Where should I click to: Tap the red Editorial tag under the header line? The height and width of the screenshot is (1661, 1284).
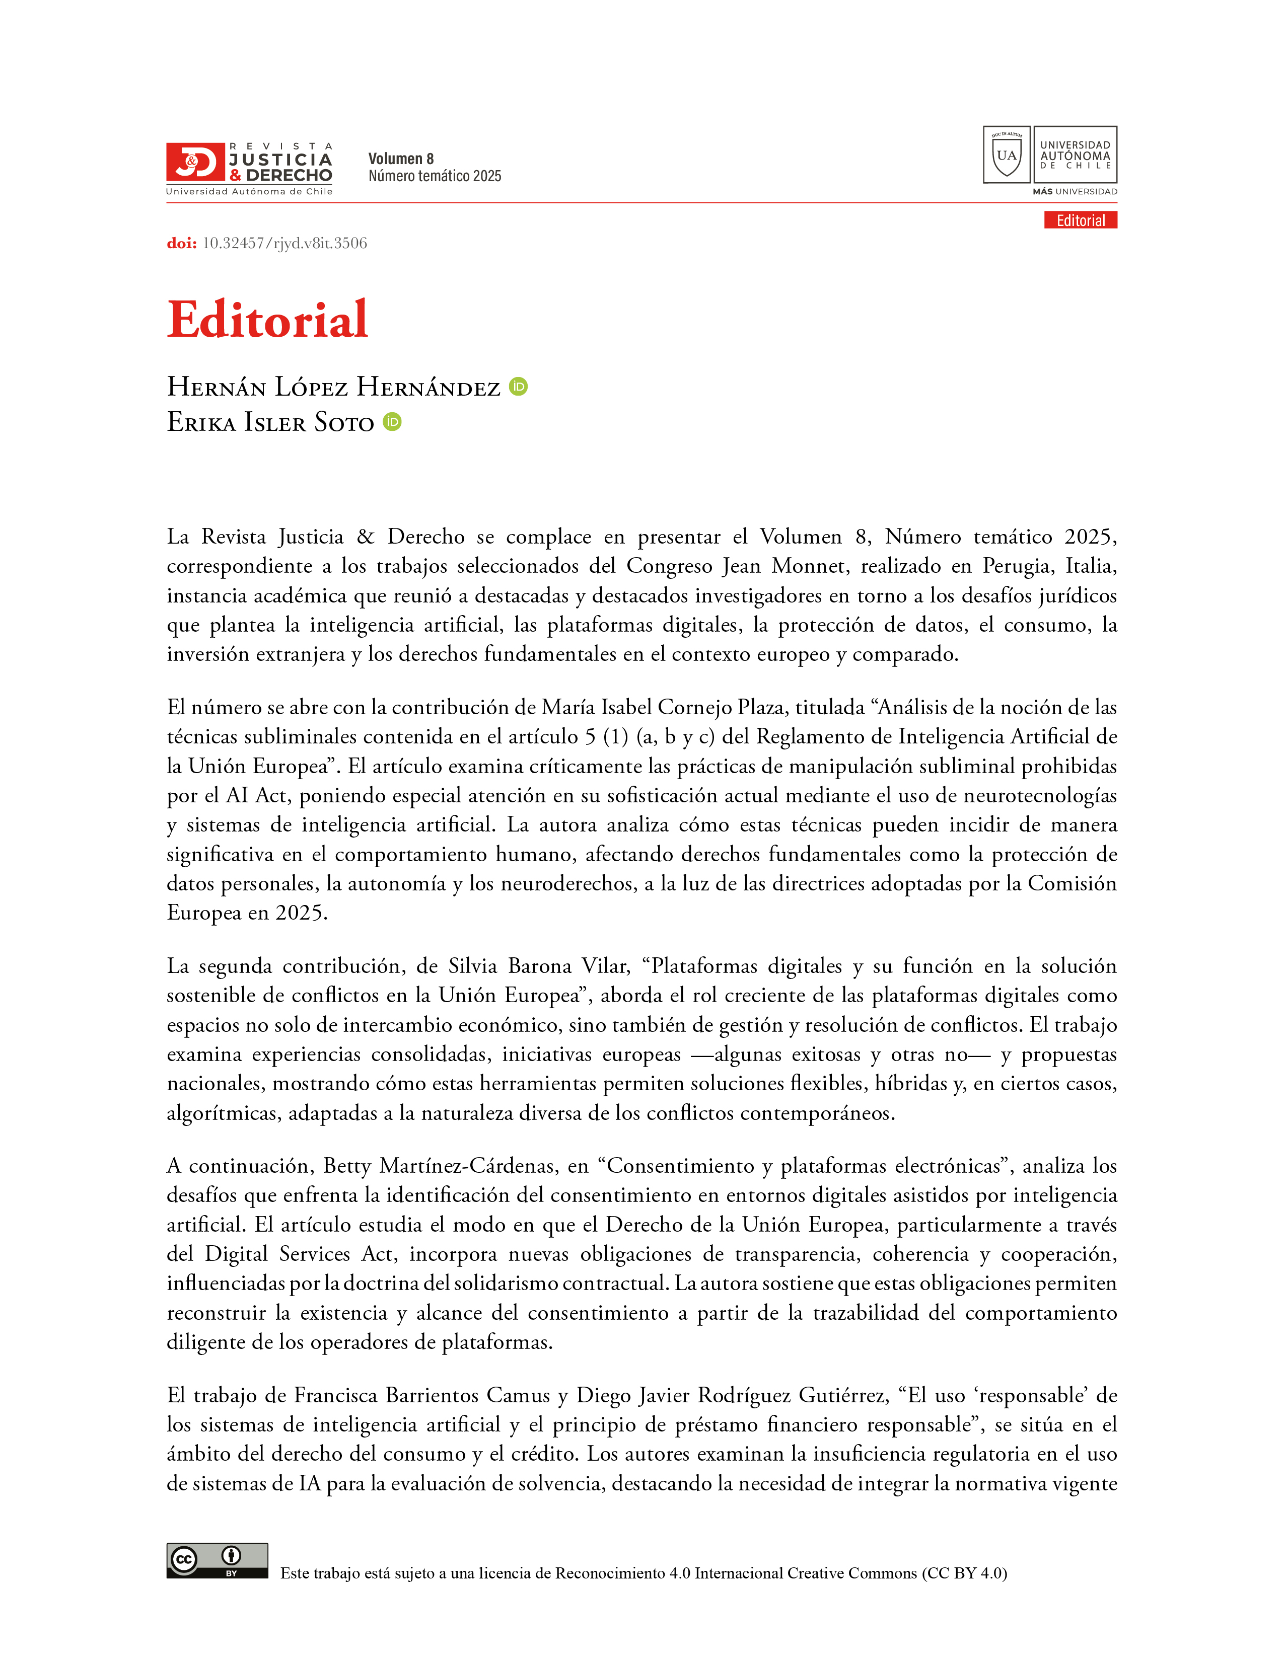tap(1080, 220)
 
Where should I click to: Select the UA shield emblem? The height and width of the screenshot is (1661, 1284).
tap(1007, 155)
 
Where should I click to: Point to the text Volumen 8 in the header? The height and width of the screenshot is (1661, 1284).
tap(401, 159)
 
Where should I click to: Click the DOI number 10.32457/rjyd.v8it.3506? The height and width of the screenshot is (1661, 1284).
tap(284, 244)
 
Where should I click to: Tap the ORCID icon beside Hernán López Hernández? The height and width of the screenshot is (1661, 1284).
tap(518, 387)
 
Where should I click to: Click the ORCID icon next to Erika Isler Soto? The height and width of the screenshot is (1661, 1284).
tap(392, 421)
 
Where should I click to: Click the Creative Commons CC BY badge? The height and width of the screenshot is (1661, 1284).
tap(218, 1561)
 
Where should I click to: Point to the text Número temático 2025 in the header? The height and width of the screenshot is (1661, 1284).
tap(435, 177)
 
